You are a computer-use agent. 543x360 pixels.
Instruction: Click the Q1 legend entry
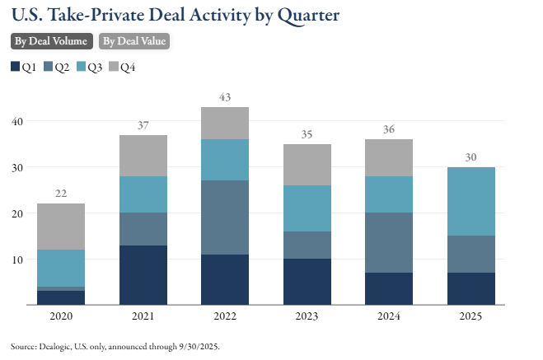pos(24,67)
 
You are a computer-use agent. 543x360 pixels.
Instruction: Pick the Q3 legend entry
pos(90,67)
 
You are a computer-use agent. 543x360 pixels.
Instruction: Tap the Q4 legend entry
pos(123,67)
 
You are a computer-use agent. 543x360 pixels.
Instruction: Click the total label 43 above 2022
pos(225,98)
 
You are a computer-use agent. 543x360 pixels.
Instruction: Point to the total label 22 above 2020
pos(60,194)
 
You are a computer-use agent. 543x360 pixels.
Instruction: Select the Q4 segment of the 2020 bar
pos(60,227)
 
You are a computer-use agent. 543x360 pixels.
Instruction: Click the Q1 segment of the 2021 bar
pos(143,274)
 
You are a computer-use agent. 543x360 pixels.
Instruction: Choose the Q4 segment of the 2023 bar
pos(307,165)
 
